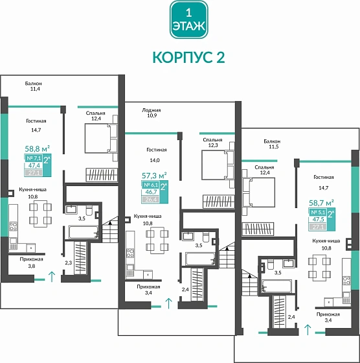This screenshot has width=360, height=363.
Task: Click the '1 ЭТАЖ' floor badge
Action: tap(188, 19)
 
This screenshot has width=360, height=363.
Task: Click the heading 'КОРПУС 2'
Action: tap(188, 57)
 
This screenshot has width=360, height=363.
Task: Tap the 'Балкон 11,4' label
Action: tap(33, 86)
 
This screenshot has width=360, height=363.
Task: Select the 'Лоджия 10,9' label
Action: tap(152, 113)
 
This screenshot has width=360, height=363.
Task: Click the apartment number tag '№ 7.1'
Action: tap(33, 158)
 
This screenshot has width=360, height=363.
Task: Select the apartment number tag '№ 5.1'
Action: tap(317, 212)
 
